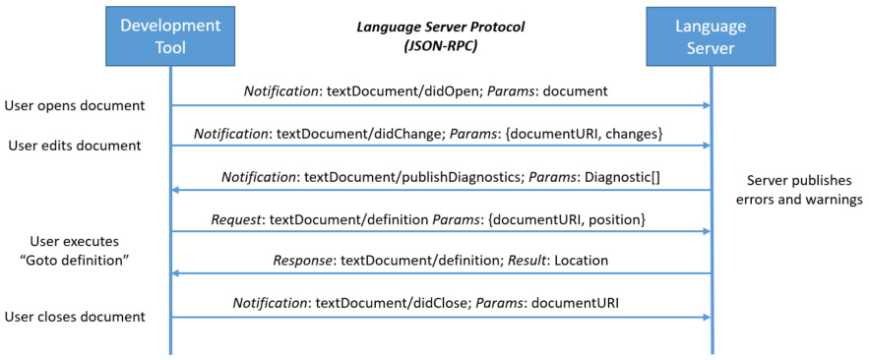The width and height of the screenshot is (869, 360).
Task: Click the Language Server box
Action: click(x=711, y=35)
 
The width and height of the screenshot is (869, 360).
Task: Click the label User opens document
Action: click(x=75, y=104)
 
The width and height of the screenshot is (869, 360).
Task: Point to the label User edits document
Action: click(x=75, y=146)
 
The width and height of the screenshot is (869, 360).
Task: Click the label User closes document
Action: click(x=75, y=316)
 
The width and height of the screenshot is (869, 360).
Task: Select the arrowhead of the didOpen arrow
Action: click(x=705, y=105)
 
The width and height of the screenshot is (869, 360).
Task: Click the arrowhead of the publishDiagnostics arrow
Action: click(x=177, y=190)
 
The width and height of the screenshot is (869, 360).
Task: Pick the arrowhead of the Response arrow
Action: click(x=177, y=274)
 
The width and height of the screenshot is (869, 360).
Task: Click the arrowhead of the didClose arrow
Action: click(x=705, y=317)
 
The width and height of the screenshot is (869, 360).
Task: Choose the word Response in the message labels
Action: click(x=303, y=262)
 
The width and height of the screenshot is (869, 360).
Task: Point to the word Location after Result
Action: click(x=578, y=262)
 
